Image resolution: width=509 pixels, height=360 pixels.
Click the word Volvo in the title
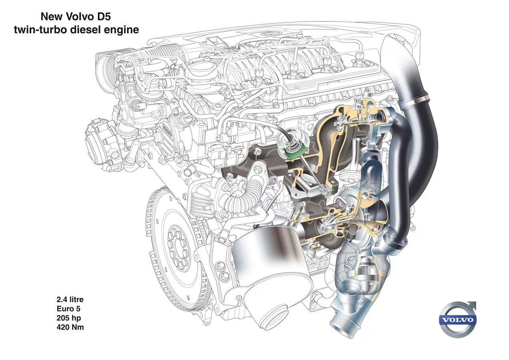[x=78, y=16]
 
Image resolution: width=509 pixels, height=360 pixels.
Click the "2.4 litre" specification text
[x=70, y=299]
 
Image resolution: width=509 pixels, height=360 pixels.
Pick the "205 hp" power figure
[x=69, y=318]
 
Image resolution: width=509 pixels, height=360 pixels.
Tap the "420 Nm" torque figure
[x=70, y=327]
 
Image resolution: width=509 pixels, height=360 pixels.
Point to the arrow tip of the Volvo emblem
[x=475, y=302]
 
